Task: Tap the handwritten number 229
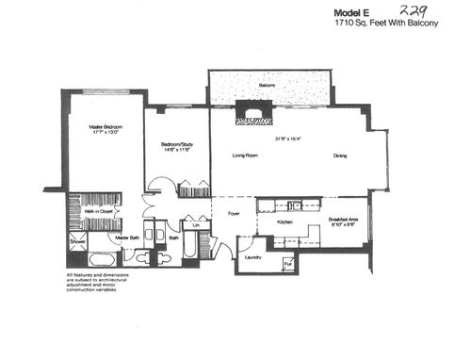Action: (x=426, y=9)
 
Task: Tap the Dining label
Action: (x=340, y=155)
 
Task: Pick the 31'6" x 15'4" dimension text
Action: (x=288, y=139)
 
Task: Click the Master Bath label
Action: (x=128, y=237)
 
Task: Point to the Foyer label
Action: (x=234, y=215)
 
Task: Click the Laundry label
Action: (x=252, y=256)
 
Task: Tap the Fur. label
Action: (x=287, y=264)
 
